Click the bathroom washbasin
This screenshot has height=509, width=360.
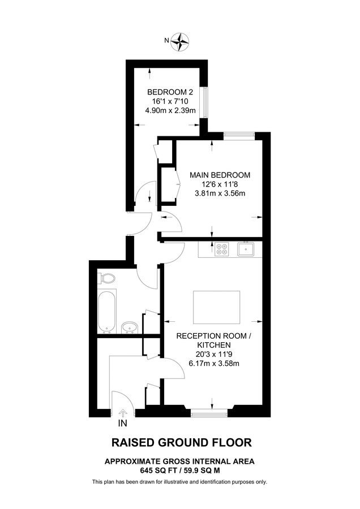pyautogui.click(x=130, y=327)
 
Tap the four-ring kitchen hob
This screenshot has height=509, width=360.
pyautogui.click(x=220, y=249)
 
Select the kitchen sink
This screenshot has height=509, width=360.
pyautogui.click(x=246, y=248)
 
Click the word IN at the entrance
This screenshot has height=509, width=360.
pyautogui.click(x=122, y=423)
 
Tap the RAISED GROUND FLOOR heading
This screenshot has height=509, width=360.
pyautogui.click(x=181, y=443)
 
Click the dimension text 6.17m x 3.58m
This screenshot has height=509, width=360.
pyautogui.click(x=213, y=363)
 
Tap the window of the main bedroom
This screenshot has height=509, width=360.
pyautogui.click(x=238, y=134)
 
